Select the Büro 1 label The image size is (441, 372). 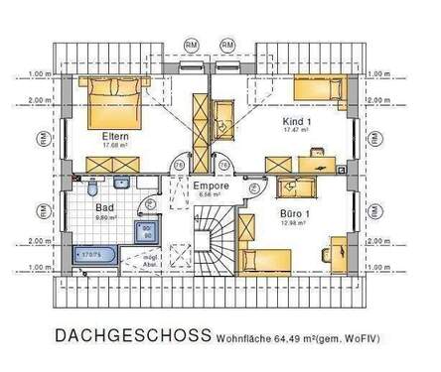click(x=294, y=214)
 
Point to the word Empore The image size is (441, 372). click(x=211, y=185)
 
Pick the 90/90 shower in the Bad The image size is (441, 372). click(x=147, y=233)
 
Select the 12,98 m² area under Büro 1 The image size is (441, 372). click(x=294, y=224)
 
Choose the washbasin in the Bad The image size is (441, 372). click(x=121, y=183)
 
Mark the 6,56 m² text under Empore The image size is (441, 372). click(x=211, y=194)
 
